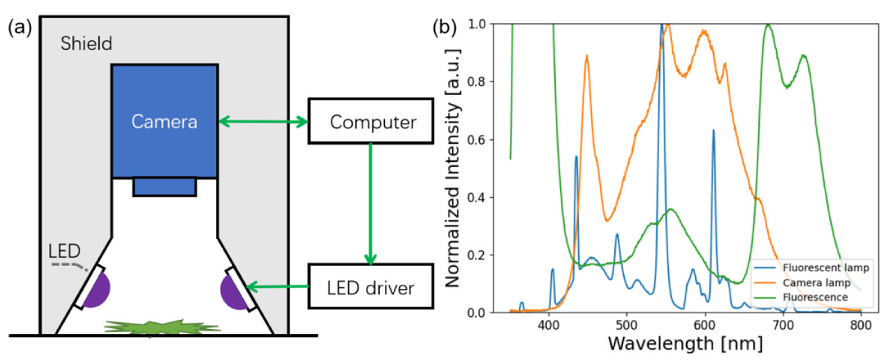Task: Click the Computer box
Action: (370, 121)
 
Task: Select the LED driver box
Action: (370, 287)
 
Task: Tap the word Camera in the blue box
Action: (164, 122)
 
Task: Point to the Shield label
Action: (86, 44)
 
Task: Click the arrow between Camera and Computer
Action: (263, 121)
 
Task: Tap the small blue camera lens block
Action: (164, 187)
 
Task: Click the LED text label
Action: (64, 251)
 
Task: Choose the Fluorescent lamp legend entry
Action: (825, 268)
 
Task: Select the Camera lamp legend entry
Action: (816, 283)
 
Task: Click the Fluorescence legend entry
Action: (815, 297)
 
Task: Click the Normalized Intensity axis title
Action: (453, 168)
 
